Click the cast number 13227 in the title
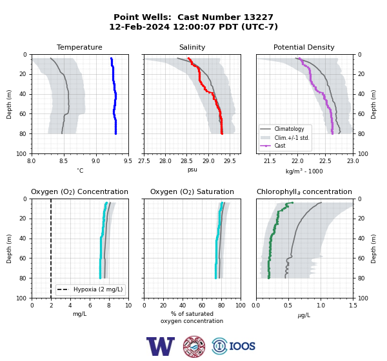[259, 17]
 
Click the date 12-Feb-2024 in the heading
[139, 26]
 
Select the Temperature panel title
[79, 47]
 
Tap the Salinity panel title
[192, 47]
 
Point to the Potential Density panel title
[304, 47]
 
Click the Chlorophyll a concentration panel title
[304, 191]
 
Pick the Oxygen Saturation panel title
[192, 191]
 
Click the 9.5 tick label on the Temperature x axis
[128, 161]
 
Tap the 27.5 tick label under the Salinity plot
[144, 161]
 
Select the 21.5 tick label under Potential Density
[270, 161]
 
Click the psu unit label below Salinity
[192, 170]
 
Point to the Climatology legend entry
[289, 129]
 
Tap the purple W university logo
[161, 346]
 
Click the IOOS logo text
[242, 346]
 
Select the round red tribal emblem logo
[194, 346]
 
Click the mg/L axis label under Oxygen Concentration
[79, 314]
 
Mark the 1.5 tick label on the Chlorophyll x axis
[353, 306]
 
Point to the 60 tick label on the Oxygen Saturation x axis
[202, 306]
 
